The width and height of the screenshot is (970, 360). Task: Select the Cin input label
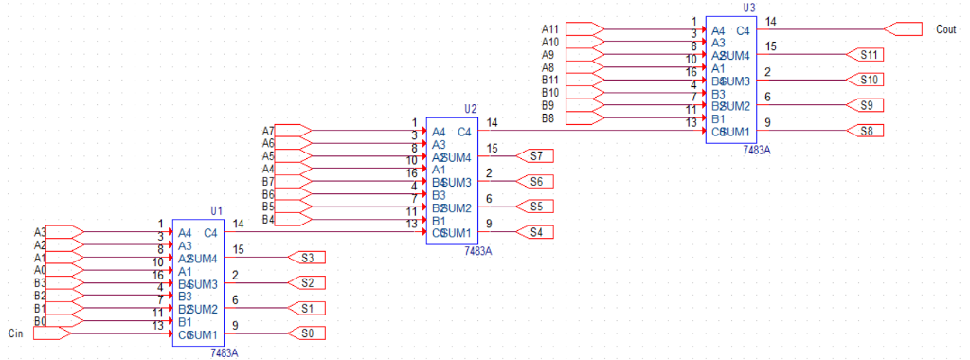(14, 333)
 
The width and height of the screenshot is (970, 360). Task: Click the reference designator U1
(216, 210)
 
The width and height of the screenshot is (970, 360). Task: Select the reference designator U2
(471, 109)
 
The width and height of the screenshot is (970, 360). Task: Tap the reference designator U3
(749, 8)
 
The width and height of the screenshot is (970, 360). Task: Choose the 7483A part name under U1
(224, 352)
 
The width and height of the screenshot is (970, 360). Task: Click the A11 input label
(550, 29)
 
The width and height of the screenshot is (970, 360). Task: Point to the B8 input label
(548, 118)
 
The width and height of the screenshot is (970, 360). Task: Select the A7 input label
(268, 131)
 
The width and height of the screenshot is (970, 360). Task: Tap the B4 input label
(268, 220)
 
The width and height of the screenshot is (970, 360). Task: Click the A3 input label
(40, 232)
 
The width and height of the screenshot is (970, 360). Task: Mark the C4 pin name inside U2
(464, 132)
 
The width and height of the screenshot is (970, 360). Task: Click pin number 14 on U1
(239, 223)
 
